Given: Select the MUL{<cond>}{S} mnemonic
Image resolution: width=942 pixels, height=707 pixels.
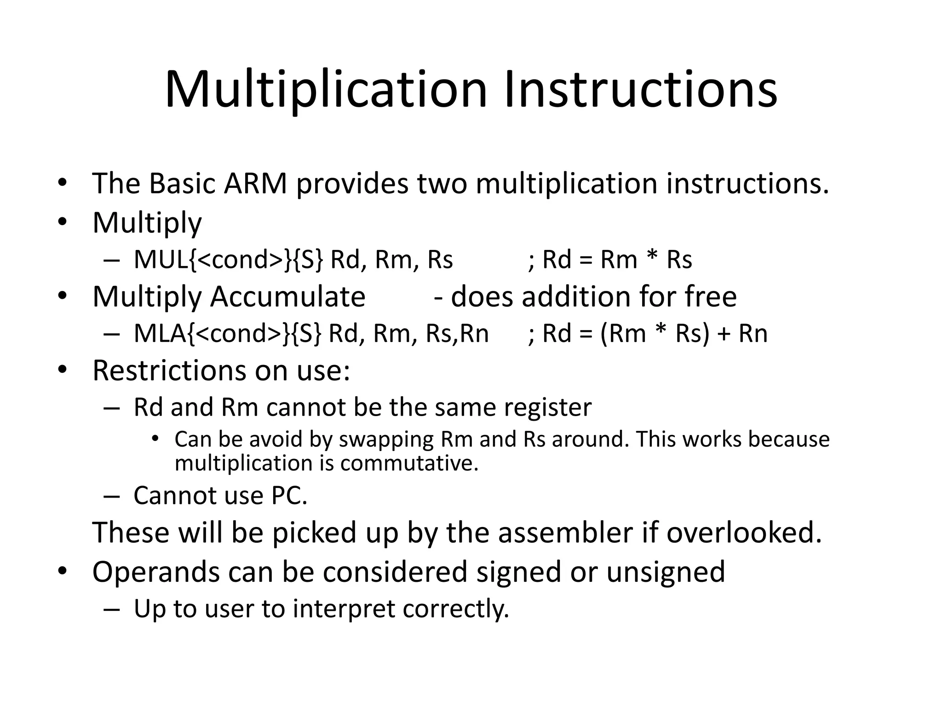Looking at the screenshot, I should [x=229, y=260].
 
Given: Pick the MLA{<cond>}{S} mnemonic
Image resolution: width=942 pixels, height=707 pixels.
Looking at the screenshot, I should [x=228, y=333].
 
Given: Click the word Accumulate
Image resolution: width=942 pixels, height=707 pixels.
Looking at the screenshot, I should [x=287, y=296].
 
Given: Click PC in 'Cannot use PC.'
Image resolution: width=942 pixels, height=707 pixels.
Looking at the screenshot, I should [x=289, y=496].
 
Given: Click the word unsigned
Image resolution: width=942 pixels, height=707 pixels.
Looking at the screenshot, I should [x=665, y=572].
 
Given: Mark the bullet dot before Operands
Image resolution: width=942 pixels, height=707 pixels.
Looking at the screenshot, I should [x=63, y=571].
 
